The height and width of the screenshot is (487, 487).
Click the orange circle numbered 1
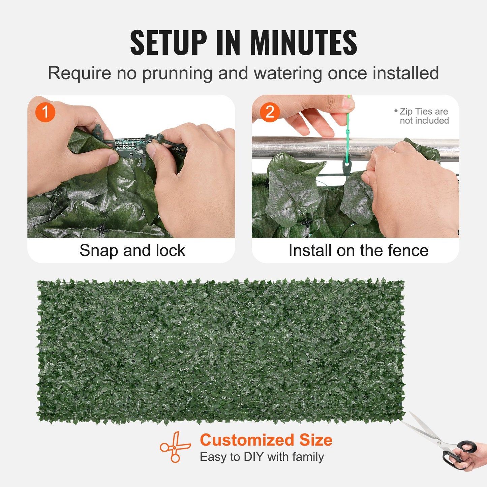click(x=45, y=112)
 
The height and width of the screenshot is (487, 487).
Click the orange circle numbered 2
click(x=270, y=112)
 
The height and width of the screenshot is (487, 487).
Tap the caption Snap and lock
click(x=132, y=250)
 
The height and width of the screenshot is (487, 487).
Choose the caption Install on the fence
click(x=358, y=250)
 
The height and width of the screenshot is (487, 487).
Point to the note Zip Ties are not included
click(x=423, y=116)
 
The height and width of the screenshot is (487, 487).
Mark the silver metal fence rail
click(x=303, y=147)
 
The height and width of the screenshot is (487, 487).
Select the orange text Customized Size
click(x=266, y=440)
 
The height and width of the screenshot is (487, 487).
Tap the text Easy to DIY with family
click(x=262, y=457)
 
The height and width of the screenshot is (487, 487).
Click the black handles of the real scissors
click(x=460, y=453)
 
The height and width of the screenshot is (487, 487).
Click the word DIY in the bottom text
click(x=253, y=457)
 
